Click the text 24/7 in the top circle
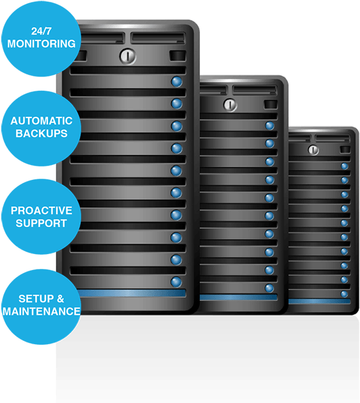pyautogui.click(x=42, y=31)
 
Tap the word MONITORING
pyautogui.click(x=42, y=44)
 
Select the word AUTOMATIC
pyautogui.click(x=42, y=121)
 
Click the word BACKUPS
pyautogui.click(x=42, y=134)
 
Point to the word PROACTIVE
pyautogui.click(x=42, y=211)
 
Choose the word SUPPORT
pyautogui.click(x=42, y=223)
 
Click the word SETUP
pyautogui.click(x=36, y=299)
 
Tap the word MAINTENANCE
pyautogui.click(x=42, y=312)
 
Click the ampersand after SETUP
pyautogui.click(x=60, y=299)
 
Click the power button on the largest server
pyautogui.click(x=128, y=56)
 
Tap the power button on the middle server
pyautogui.click(x=230, y=104)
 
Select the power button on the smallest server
pyautogui.click(x=313, y=150)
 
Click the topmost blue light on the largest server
pyautogui.click(x=177, y=81)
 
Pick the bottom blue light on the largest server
pyautogui.click(x=176, y=282)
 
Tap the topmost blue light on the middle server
pyautogui.click(x=270, y=126)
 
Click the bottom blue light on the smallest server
pyautogui.click(x=344, y=294)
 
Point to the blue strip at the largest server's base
pyautogui.click(x=131, y=293)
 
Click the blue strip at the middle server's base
pyautogui.click(x=238, y=297)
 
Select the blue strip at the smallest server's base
pyautogui.click(x=320, y=302)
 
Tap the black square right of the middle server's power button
pyautogui.click(x=270, y=104)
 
